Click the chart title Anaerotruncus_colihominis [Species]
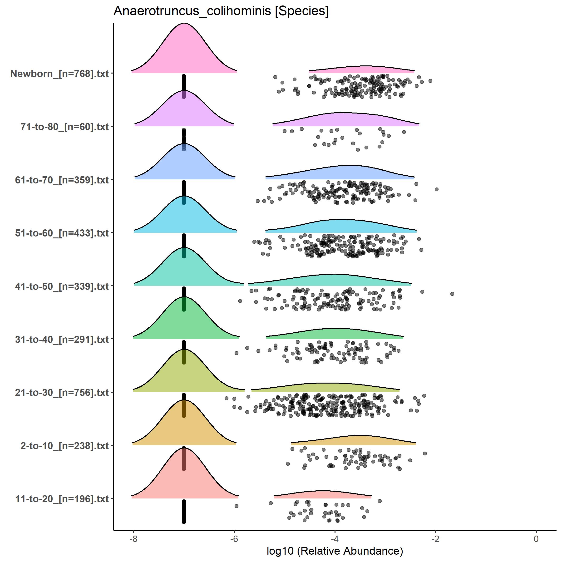pos(221,11)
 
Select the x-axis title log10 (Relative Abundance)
pos(335,551)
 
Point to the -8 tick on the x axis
pos(133,539)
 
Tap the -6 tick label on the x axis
pos(234,539)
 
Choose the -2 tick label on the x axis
pos(435,539)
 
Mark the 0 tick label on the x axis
pos(536,539)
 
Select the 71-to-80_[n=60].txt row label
pos(64,127)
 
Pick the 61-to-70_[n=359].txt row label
pos(62,180)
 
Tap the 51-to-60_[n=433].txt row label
pos(62,233)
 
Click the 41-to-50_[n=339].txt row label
pos(62,286)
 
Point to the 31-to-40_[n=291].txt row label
pos(62,340)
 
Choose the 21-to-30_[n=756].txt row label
pos(62,393)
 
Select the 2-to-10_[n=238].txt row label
pos(64,446)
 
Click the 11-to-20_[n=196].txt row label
pos(62,499)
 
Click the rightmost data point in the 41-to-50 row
pos(452,294)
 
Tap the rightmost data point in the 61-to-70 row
pos(436,189)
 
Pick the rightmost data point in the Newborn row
pos(430,81)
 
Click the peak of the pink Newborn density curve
pos(184,24)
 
